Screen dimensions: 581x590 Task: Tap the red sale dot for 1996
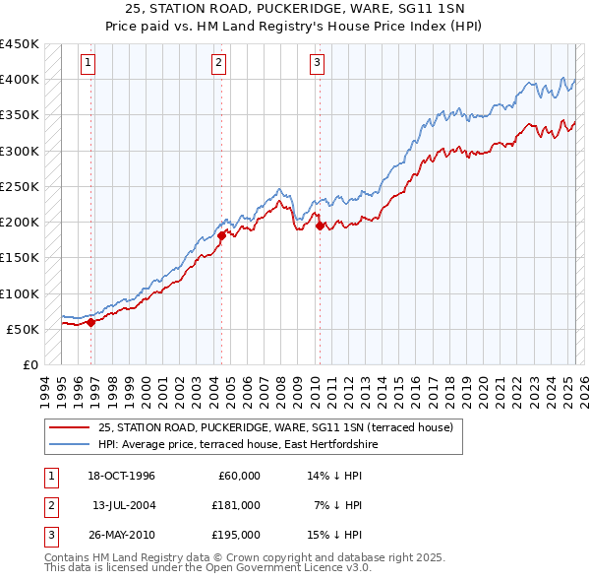[91, 321]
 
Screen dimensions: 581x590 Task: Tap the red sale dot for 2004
[221, 235]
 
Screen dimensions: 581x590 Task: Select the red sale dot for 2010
[321, 226]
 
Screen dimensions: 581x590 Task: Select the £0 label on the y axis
[29, 364]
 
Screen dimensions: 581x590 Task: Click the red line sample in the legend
[70, 427]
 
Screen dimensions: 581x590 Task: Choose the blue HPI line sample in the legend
[70, 444]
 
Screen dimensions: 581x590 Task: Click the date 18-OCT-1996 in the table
[121, 476]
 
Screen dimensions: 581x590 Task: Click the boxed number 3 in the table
[49, 535]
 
